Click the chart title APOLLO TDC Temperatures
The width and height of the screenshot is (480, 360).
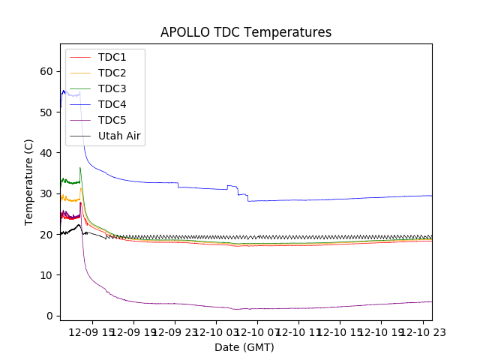click(x=246, y=32)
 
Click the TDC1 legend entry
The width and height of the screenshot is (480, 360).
click(x=112, y=57)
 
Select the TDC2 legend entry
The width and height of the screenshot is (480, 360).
click(x=112, y=73)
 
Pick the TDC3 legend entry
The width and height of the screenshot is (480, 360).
click(x=112, y=88)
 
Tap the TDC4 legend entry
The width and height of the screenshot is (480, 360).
click(x=112, y=104)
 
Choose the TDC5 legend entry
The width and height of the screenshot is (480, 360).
click(x=112, y=120)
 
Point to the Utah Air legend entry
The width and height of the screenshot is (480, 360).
click(x=120, y=136)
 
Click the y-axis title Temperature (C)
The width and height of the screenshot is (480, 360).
click(x=28, y=181)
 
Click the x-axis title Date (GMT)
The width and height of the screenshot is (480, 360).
click(x=244, y=347)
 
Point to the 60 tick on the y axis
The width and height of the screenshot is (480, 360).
click(x=47, y=71)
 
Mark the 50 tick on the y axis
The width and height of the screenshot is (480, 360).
click(x=47, y=112)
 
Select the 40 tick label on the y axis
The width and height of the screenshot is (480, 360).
click(x=47, y=152)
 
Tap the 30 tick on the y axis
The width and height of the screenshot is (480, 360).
click(x=47, y=193)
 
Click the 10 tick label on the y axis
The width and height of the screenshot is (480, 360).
click(x=47, y=274)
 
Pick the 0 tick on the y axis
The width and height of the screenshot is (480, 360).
click(x=49, y=316)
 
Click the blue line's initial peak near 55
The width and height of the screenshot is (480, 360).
click(x=64, y=91)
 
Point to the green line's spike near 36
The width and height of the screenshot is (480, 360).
click(x=80, y=168)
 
